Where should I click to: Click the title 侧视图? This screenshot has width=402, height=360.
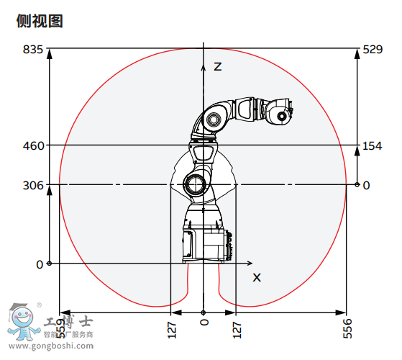click(x=40, y=22)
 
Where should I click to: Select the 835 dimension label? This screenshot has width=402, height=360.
click(x=33, y=50)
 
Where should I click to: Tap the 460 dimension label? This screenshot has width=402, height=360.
click(x=33, y=145)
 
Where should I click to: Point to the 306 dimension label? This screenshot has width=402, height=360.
click(x=33, y=185)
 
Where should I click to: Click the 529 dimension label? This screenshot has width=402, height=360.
click(x=372, y=50)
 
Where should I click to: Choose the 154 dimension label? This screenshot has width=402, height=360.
click(x=372, y=145)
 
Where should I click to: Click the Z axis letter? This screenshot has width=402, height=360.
click(x=217, y=66)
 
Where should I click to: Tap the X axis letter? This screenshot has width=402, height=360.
click(x=257, y=276)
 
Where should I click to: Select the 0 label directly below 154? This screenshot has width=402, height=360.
click(x=366, y=185)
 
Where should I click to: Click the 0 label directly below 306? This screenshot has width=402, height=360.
click(x=39, y=264)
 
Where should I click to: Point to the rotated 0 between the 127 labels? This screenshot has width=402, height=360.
click(x=204, y=328)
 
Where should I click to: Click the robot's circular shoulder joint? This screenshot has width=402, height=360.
click(x=193, y=184)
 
